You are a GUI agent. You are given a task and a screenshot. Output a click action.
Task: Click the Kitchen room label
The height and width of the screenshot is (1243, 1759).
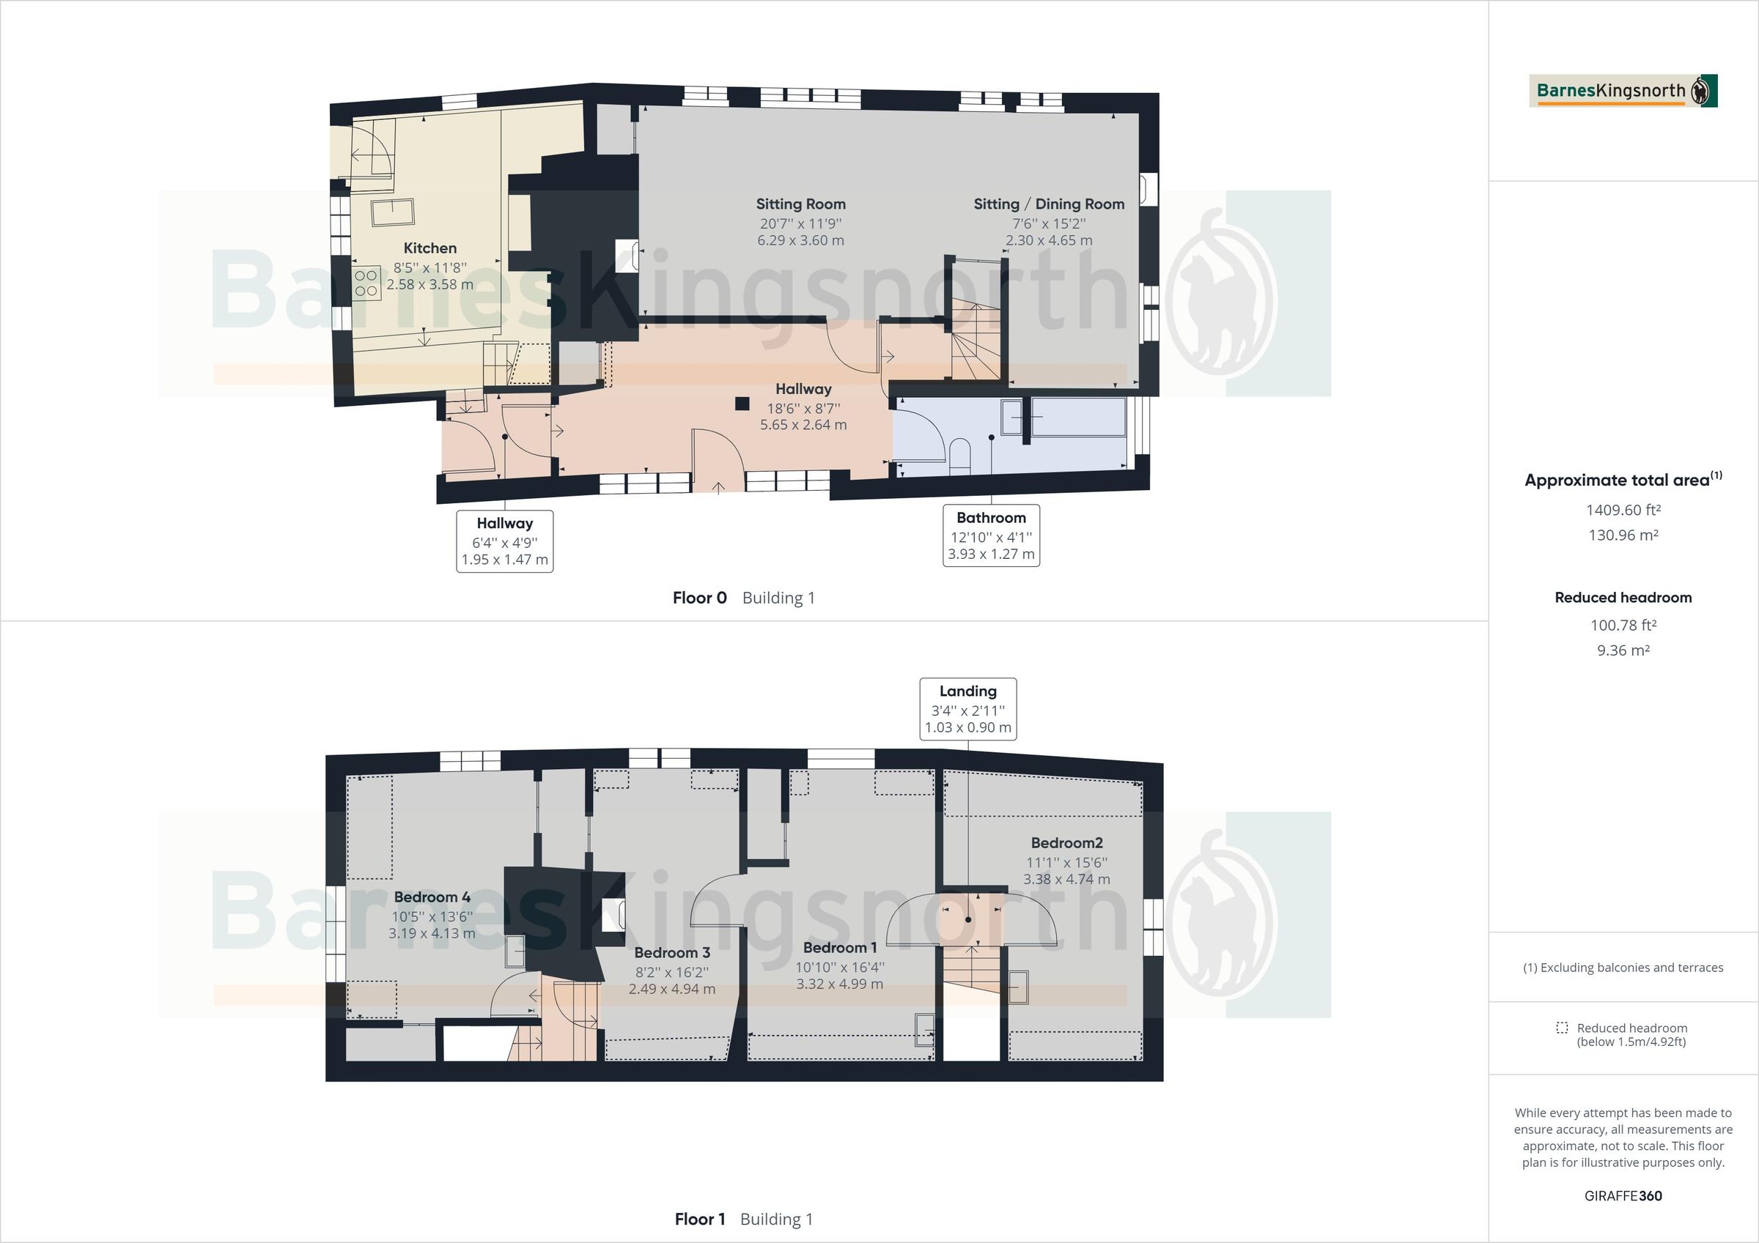(x=429, y=248)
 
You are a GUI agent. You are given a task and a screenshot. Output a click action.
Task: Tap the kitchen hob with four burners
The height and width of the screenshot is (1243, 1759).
(x=366, y=283)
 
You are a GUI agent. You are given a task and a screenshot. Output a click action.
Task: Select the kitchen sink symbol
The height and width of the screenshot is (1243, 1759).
(x=392, y=212)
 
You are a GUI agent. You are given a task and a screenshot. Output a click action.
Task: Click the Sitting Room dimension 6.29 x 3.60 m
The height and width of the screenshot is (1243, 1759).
(x=800, y=240)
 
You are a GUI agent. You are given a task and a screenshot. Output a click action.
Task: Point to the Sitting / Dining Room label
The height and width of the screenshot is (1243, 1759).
(x=1049, y=204)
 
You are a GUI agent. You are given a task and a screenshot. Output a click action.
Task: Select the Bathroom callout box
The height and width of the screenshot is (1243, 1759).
(x=991, y=535)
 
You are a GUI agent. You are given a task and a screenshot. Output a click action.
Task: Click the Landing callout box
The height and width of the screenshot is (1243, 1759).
(x=967, y=708)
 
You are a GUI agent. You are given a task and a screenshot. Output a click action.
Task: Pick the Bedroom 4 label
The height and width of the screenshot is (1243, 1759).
(x=432, y=897)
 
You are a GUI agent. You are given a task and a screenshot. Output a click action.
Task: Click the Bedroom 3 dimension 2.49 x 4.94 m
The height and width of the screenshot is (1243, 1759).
(x=672, y=989)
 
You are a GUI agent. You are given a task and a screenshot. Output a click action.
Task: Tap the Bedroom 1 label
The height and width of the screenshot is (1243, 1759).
(x=840, y=947)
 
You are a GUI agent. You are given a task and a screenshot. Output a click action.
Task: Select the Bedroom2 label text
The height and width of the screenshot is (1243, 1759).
(x=1066, y=842)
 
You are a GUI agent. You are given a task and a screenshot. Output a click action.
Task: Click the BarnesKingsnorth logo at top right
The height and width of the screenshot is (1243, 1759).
(x=1623, y=91)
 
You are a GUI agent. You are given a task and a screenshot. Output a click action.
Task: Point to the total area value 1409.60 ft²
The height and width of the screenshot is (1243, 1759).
(x=1623, y=510)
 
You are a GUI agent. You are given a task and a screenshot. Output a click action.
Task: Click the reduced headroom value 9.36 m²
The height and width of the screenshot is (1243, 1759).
(x=1623, y=650)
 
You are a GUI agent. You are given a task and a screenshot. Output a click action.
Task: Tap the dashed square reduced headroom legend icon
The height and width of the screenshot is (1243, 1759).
(x=1561, y=1028)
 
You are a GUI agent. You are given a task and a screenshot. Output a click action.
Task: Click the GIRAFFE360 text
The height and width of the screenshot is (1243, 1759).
(x=1623, y=1195)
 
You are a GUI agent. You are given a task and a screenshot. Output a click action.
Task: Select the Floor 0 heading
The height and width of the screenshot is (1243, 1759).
(x=699, y=598)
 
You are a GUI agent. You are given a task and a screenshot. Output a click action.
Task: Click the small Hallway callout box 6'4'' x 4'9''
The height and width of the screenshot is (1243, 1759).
(x=504, y=541)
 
